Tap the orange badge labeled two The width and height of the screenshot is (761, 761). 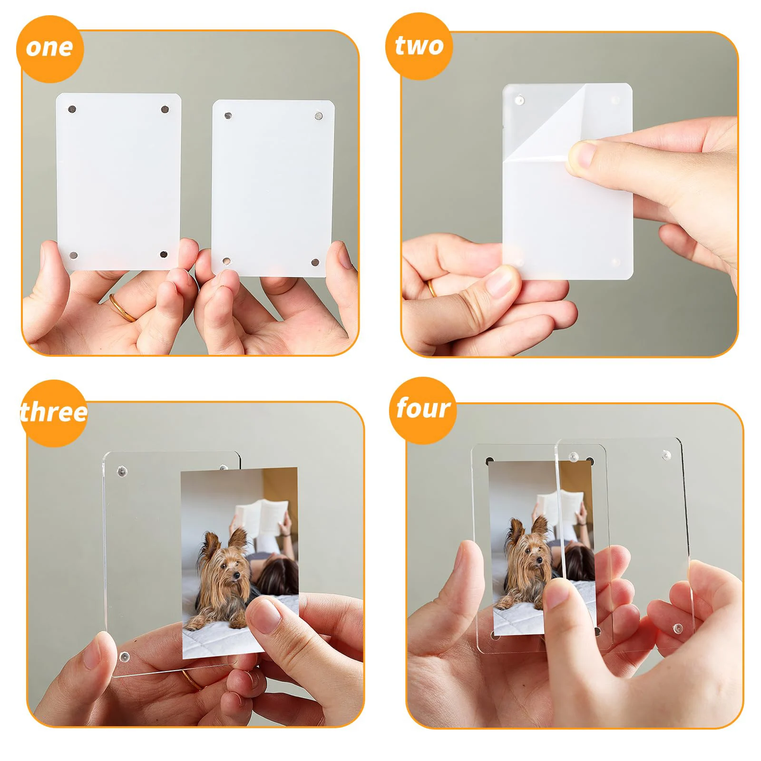pos(419,47)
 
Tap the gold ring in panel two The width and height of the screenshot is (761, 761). pos(431,288)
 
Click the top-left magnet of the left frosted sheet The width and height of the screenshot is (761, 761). pos(72,109)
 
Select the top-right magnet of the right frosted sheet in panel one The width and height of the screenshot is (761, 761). pos(318,115)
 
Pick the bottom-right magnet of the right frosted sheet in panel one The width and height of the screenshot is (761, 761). pos(315,262)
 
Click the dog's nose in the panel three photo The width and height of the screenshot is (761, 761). pos(236,577)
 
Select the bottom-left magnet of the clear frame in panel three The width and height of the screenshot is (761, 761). pos(125,657)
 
